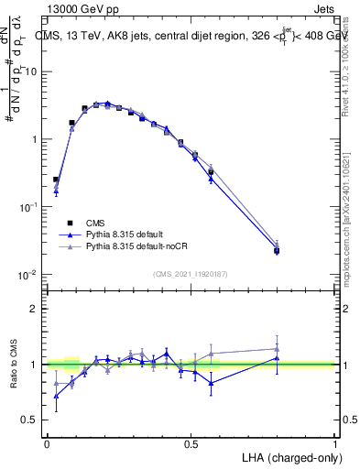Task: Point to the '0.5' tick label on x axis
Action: click(191, 443)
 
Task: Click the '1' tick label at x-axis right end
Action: click(335, 443)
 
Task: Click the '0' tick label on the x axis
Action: click(47, 443)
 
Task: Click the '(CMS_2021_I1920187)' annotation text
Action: click(191, 273)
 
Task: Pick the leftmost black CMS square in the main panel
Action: click(56, 180)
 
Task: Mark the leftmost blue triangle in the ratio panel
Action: click(56, 396)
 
